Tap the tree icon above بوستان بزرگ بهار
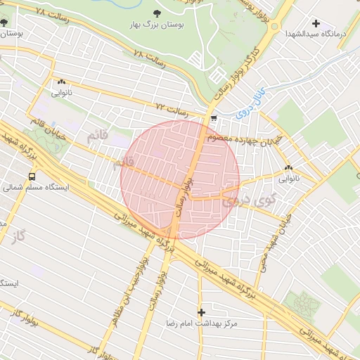156,13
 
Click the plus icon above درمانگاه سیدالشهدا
316,23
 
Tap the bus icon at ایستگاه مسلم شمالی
31,176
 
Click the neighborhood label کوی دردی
240,200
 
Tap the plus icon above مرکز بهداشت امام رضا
202,311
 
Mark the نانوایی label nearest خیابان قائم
60,92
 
